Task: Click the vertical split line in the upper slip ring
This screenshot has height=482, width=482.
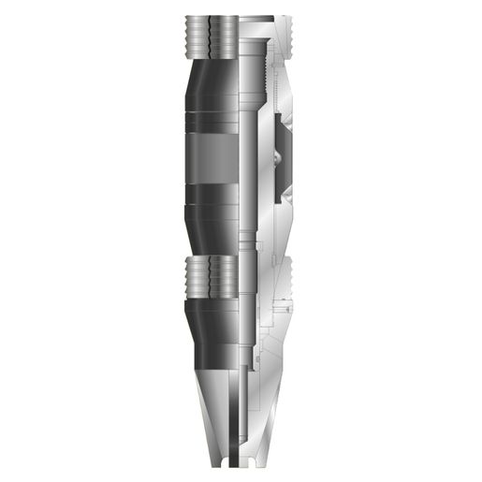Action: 210,37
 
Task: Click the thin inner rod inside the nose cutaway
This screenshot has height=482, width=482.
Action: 246,412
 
